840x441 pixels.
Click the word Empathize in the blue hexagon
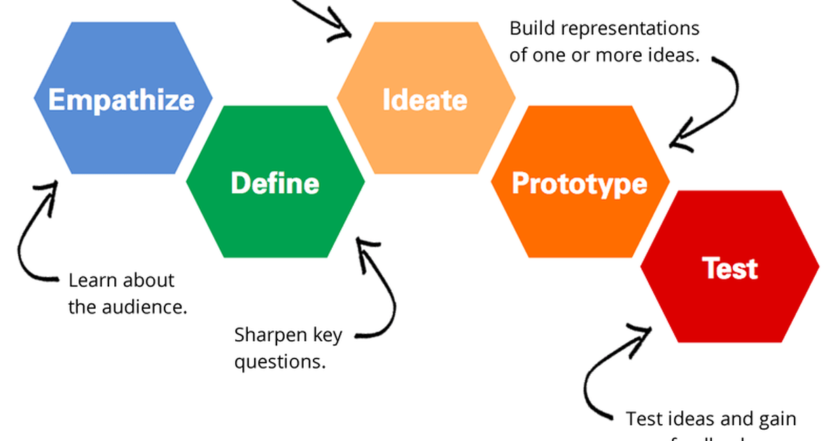121,99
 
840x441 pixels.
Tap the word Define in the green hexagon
274,183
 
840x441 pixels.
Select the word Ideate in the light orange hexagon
425,100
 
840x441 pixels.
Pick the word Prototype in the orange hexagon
580,183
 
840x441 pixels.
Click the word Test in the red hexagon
729,268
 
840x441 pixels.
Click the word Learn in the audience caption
92,281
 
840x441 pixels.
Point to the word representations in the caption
630,30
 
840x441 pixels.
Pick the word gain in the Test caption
776,419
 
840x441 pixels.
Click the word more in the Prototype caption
617,55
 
